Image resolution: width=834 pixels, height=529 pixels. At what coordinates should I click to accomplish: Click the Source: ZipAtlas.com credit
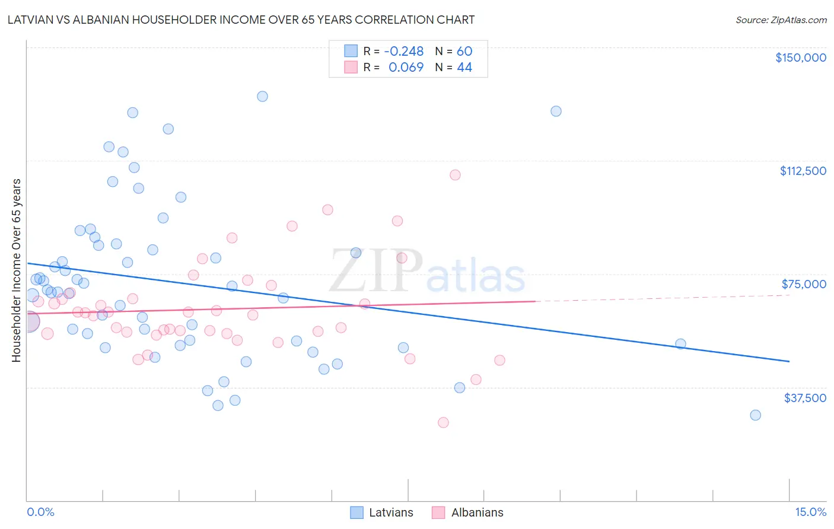781,20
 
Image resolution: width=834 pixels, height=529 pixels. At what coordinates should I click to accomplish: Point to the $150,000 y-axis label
800,58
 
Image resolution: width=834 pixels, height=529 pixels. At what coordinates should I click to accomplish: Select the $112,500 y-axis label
803,171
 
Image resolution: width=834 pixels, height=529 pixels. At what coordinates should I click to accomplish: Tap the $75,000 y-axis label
804,284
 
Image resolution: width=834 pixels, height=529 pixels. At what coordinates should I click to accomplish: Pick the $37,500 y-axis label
804,398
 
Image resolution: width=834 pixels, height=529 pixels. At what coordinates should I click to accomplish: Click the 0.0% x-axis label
40,512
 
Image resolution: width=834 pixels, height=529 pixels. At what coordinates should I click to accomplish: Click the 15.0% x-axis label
810,512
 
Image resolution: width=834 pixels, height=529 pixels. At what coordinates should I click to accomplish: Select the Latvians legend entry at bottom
381,512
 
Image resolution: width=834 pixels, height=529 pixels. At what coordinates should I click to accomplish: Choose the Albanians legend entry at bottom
467,512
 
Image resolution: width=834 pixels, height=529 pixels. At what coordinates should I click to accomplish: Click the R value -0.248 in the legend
404,51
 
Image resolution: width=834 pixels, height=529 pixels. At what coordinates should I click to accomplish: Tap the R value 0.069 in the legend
406,67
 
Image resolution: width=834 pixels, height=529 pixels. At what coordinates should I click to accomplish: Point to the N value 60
464,51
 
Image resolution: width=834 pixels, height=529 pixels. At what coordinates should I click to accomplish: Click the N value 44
464,67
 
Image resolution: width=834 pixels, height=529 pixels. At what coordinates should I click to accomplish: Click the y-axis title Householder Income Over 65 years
17,270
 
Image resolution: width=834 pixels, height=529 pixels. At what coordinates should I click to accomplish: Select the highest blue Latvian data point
262,96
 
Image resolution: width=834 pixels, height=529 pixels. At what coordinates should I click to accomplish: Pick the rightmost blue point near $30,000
755,415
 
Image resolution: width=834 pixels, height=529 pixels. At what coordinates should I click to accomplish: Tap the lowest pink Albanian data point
443,423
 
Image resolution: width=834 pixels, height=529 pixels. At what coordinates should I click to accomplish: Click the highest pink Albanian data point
455,175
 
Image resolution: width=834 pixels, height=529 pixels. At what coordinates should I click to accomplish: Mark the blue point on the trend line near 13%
680,344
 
